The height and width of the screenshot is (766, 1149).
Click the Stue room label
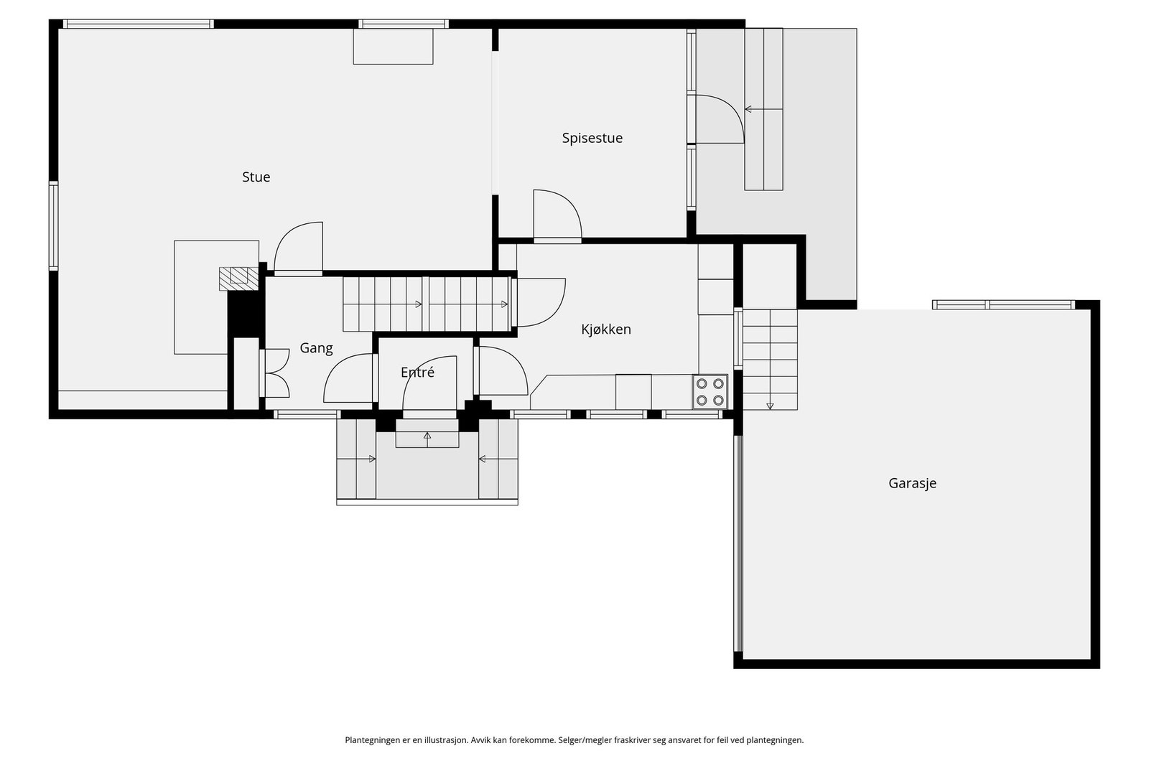click(x=256, y=177)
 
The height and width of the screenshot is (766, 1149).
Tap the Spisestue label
click(x=592, y=138)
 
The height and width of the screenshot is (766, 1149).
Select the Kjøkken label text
click(x=606, y=330)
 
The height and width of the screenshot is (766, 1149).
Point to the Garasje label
click(x=912, y=483)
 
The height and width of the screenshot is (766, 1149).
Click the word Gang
click(x=316, y=348)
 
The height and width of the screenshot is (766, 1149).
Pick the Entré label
click(x=417, y=373)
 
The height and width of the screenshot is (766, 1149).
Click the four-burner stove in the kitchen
click(x=710, y=392)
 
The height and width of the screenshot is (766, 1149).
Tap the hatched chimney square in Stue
click(x=238, y=279)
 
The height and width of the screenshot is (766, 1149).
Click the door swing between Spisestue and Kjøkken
click(x=557, y=215)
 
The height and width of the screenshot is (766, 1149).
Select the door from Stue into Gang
click(x=299, y=248)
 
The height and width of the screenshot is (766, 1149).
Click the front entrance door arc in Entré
click(x=430, y=385)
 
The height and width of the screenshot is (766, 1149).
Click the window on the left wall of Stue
click(x=53, y=225)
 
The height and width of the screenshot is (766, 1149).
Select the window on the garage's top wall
click(x=1003, y=304)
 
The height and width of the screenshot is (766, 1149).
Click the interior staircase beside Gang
click(x=427, y=304)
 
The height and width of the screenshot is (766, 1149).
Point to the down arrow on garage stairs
click(x=770, y=406)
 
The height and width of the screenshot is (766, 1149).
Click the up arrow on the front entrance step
click(x=427, y=436)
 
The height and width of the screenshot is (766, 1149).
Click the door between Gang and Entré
click(x=348, y=378)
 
